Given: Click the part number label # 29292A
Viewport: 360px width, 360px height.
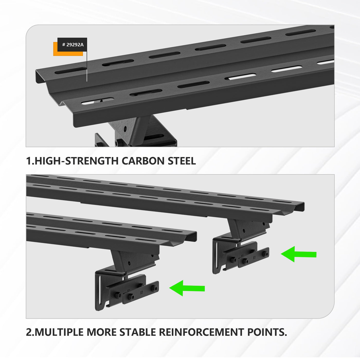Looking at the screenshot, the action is point(73,45).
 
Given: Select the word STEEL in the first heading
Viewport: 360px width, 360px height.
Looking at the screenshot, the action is point(182,161).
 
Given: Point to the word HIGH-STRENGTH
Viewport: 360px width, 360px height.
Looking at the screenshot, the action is point(77,161).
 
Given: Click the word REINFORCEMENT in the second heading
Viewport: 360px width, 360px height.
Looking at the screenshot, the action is point(201,332).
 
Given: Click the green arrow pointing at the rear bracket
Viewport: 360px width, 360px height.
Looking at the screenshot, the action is point(299,254).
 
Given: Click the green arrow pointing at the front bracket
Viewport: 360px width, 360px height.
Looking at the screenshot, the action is point(187,288).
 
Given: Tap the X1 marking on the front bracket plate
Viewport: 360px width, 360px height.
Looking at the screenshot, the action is point(141,292).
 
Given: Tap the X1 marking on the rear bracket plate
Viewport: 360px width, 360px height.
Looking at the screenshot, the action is point(254,258).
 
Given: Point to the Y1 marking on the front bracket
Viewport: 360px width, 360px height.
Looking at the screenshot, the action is point(128,290).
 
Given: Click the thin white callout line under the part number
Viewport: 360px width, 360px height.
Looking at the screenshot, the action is point(87,66).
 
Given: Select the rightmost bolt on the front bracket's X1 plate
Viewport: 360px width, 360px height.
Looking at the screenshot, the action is point(154,288).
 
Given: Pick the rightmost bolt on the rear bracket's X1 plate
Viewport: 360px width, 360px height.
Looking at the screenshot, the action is point(265,254).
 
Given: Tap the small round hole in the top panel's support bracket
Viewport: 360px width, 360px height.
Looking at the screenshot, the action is point(125,128).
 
